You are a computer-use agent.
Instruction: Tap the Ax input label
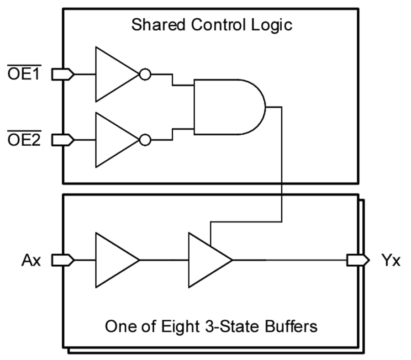click(x=31, y=261)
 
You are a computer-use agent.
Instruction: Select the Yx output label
click(x=390, y=261)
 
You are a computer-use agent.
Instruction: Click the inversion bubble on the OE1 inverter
click(x=144, y=74)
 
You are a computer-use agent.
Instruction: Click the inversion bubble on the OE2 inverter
click(x=144, y=140)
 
